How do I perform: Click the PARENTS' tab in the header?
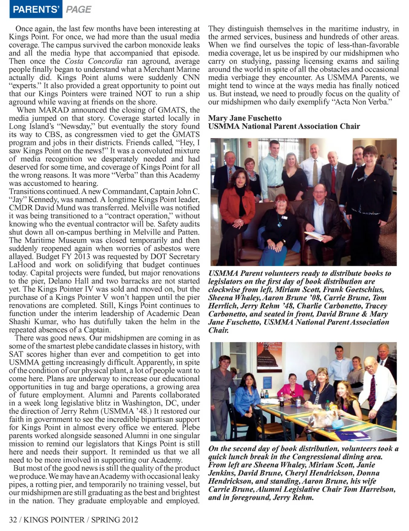coord(36,9)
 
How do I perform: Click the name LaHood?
coord(23,265)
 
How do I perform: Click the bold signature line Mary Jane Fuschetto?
coord(245,118)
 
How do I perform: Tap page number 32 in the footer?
coord(13,520)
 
